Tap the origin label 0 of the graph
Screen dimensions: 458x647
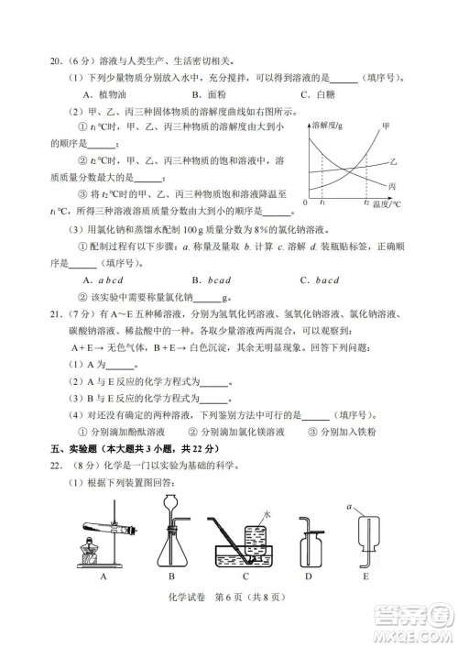tap(303, 201)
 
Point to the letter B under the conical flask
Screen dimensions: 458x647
tap(171, 577)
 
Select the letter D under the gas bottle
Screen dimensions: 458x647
tap(309, 577)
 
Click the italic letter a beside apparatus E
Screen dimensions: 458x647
tap(349, 503)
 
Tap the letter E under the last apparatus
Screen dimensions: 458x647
tap(367, 577)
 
